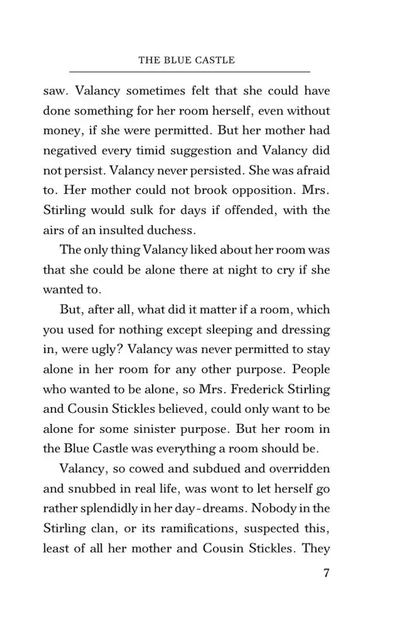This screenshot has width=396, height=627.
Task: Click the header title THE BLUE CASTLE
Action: pyautogui.click(x=187, y=60)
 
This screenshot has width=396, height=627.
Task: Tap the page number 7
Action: pyautogui.click(x=326, y=573)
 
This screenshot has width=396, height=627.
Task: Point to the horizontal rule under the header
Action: pyautogui.click(x=189, y=72)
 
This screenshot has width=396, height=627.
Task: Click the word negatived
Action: pyautogui.click(x=70, y=151)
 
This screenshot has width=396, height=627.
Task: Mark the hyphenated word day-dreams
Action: pyautogui.click(x=206, y=509)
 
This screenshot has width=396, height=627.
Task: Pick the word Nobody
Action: pyautogui.click(x=274, y=509)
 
